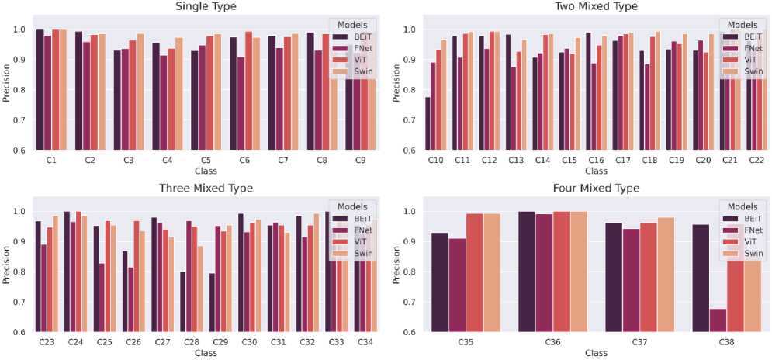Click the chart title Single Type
click(206, 7)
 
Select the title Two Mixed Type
click(596, 7)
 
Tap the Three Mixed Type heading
click(206, 189)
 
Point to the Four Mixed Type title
click(596, 189)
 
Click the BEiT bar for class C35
click(440, 282)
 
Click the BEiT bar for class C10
click(428, 123)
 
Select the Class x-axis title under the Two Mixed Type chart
click(596, 170)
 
